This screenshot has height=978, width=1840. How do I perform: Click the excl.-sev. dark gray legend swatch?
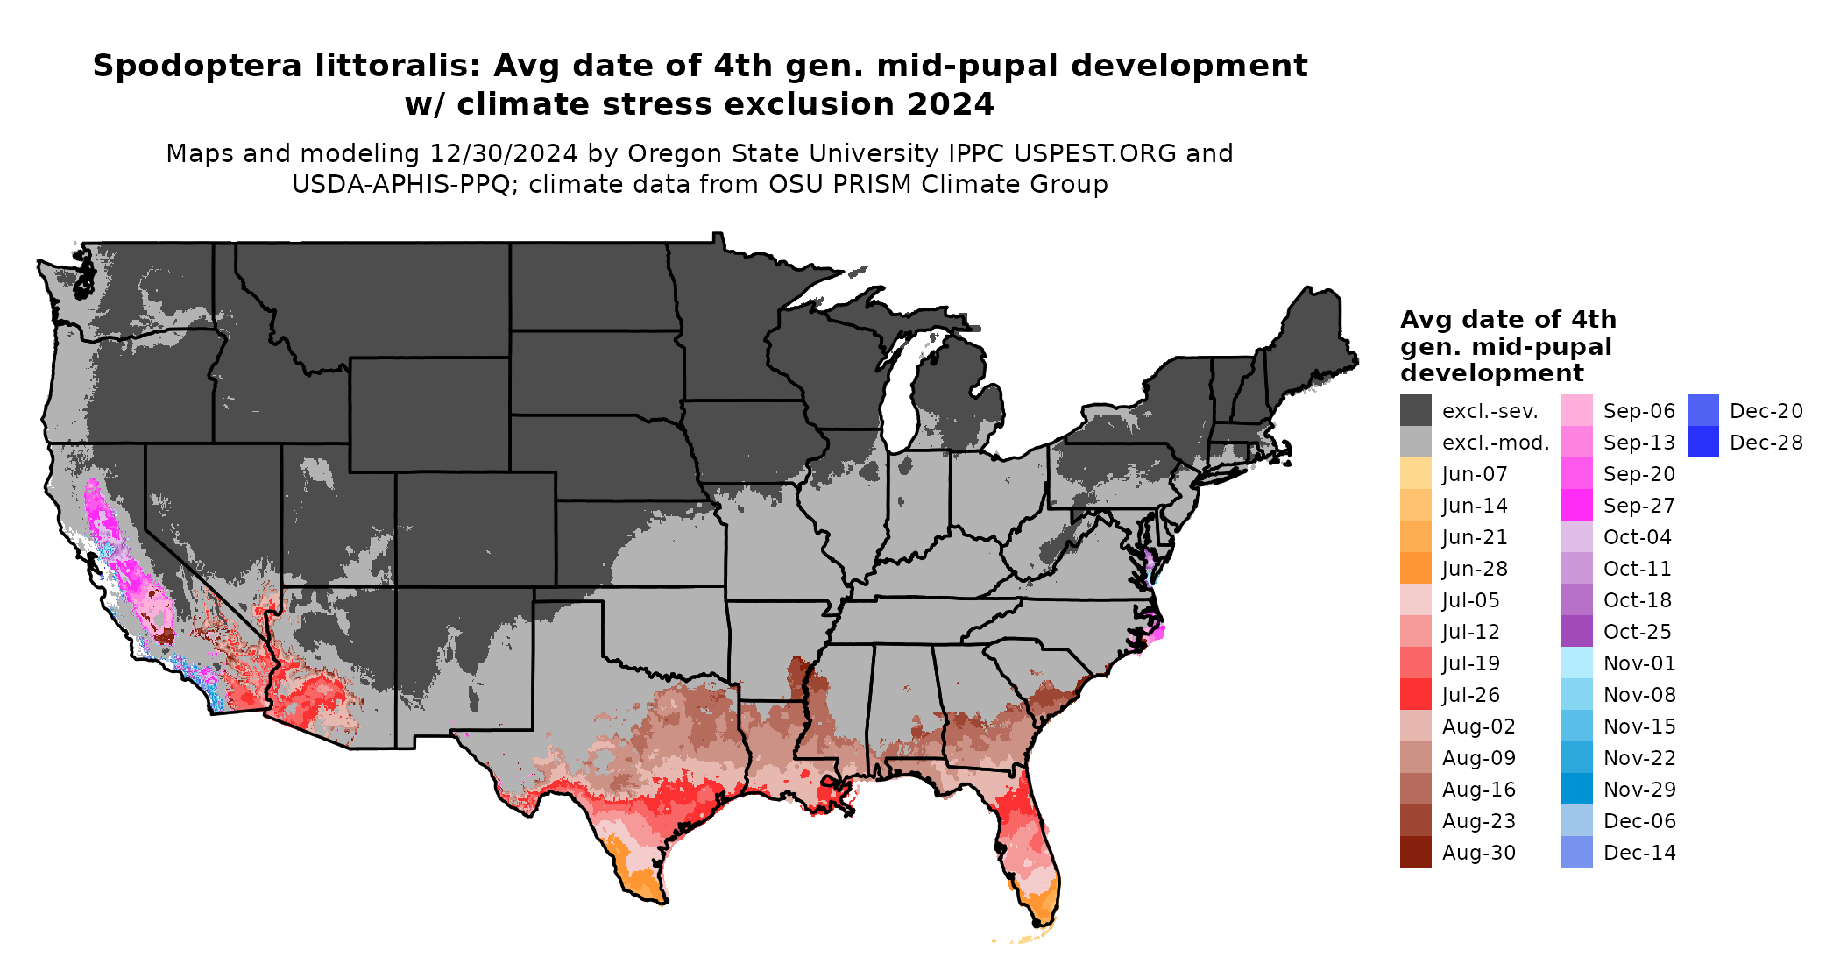click(x=1415, y=410)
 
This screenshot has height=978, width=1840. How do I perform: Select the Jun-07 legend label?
click(x=1475, y=474)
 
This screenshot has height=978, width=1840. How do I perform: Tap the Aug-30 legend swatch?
click(x=1415, y=852)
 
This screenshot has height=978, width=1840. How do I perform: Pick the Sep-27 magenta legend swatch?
click(x=1576, y=506)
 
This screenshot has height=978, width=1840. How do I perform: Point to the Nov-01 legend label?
click(x=1638, y=663)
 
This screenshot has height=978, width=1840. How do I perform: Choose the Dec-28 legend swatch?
click(x=1702, y=443)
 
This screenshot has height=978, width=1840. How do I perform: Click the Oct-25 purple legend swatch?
click(x=1576, y=632)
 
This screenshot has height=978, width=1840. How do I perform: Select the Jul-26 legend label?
click(x=1471, y=695)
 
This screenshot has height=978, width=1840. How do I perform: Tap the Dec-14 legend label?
click(x=1639, y=853)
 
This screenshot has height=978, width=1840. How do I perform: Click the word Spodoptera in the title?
click(x=196, y=66)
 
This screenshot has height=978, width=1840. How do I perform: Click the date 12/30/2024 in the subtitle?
click(x=503, y=153)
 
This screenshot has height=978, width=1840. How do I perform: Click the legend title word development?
click(x=1491, y=373)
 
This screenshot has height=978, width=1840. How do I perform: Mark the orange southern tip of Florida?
click(x=1042, y=907)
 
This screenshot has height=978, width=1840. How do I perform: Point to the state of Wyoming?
click(x=429, y=412)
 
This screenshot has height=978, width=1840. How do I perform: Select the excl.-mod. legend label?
click(x=1496, y=443)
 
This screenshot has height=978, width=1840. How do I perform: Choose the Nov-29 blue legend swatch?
click(x=1576, y=790)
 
